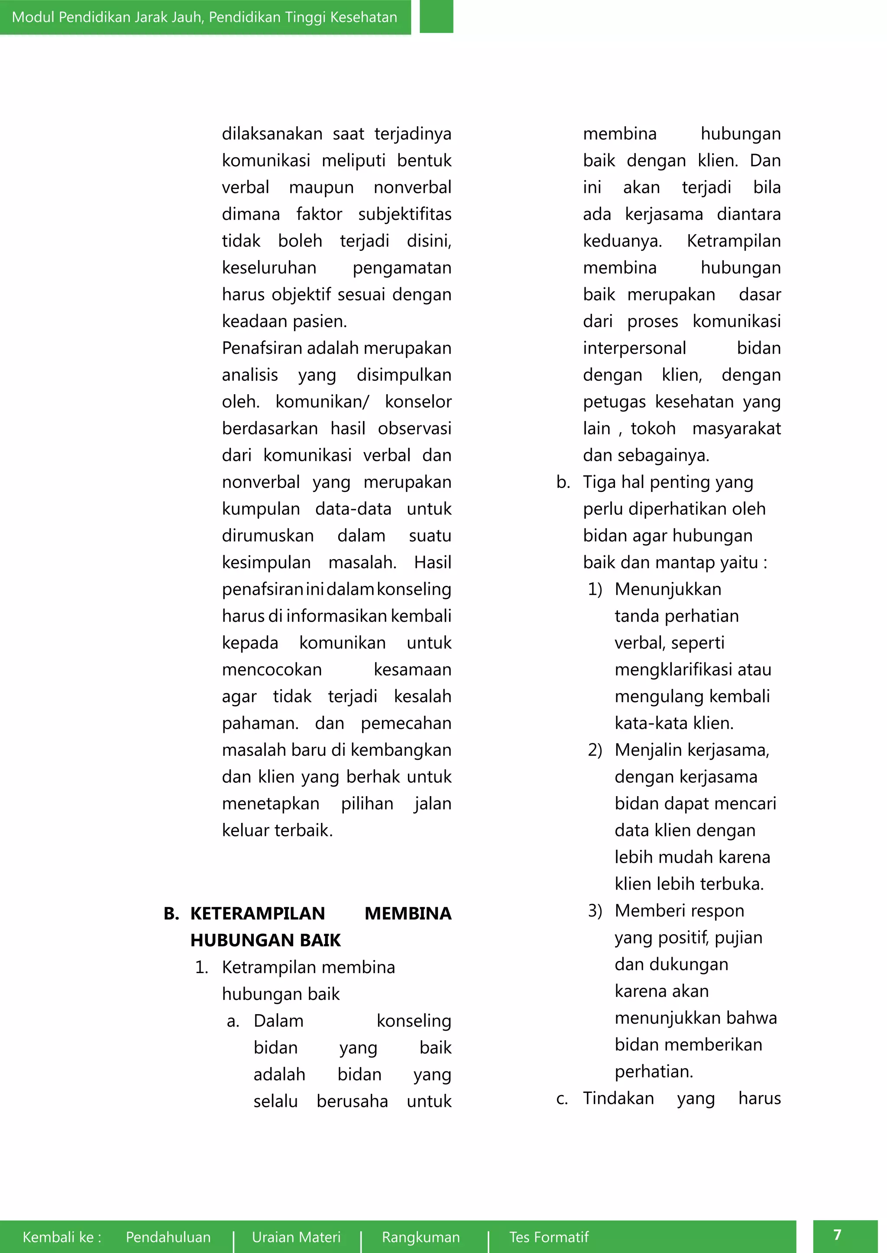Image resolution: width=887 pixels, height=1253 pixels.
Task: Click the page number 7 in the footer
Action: coord(837,1234)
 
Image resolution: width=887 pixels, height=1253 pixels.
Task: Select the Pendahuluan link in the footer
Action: coord(168,1237)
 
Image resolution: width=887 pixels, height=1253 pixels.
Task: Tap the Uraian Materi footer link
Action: coord(296,1237)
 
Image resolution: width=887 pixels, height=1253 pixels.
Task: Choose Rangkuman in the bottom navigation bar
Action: coord(421,1237)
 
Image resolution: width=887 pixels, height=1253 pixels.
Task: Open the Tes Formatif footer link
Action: coord(549,1237)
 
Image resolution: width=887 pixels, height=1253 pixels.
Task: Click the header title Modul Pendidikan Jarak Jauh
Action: coord(204,17)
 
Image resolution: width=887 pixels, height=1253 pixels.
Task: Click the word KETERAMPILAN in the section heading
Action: coord(257,913)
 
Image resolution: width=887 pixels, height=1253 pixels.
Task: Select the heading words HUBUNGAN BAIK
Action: coord(265,940)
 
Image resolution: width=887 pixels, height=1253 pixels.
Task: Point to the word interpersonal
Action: coord(634,348)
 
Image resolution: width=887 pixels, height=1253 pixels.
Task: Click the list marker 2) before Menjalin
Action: coord(595,750)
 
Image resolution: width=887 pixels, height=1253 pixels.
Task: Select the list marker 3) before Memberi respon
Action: coord(595,911)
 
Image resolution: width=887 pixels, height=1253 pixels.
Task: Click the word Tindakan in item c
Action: coord(618,1098)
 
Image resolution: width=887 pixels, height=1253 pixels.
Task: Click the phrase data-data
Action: coord(353,509)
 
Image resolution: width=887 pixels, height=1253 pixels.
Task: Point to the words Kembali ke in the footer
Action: coord(62,1237)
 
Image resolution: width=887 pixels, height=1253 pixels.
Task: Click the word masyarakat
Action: coord(736,428)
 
